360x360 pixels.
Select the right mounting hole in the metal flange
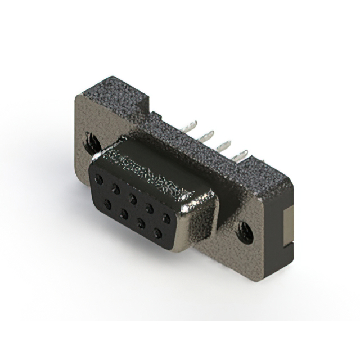[246, 230]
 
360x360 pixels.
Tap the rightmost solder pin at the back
[244, 154]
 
